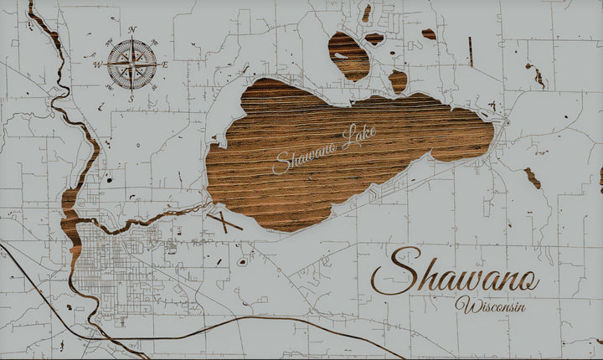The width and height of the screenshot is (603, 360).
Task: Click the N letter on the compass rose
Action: pos(132,30)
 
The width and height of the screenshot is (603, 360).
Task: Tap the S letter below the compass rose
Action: pos(131,98)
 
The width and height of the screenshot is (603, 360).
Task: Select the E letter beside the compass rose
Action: pos(165,64)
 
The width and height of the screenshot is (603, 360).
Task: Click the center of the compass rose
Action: pos(131,64)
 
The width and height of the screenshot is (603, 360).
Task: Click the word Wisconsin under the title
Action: pos(492,306)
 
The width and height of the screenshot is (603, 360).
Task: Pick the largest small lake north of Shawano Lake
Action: pos(348,55)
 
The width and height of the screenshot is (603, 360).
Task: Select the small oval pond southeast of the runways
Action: pos(242,261)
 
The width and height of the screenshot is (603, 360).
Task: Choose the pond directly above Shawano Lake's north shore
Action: pos(398,80)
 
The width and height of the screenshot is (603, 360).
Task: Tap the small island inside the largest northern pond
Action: pos(340,55)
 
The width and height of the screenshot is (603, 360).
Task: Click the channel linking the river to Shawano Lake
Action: pos(159,216)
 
